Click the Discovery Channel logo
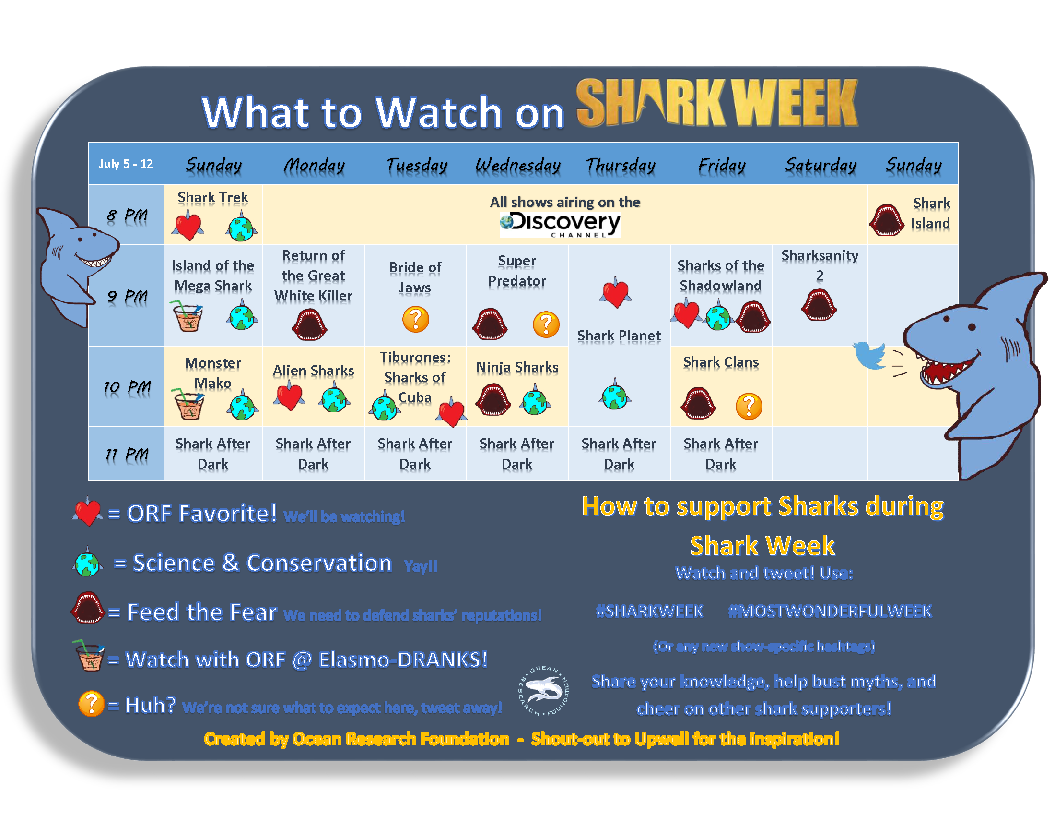click(x=560, y=224)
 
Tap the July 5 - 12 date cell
click(x=126, y=164)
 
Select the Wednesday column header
click(x=518, y=165)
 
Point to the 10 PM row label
click(x=127, y=387)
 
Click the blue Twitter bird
click(x=870, y=355)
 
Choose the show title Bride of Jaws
click(x=415, y=277)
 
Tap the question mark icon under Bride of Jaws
click(x=415, y=319)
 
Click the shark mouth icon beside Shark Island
click(x=886, y=220)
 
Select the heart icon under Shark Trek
click(x=188, y=225)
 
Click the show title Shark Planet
click(x=619, y=336)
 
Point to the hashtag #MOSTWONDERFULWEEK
click(x=830, y=611)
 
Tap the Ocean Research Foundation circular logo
click(x=544, y=690)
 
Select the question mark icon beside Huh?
click(x=91, y=703)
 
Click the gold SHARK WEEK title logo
click(x=717, y=104)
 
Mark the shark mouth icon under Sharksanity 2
click(x=819, y=304)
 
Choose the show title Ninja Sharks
click(x=517, y=367)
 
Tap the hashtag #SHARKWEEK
click(x=650, y=611)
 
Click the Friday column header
click(x=722, y=165)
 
